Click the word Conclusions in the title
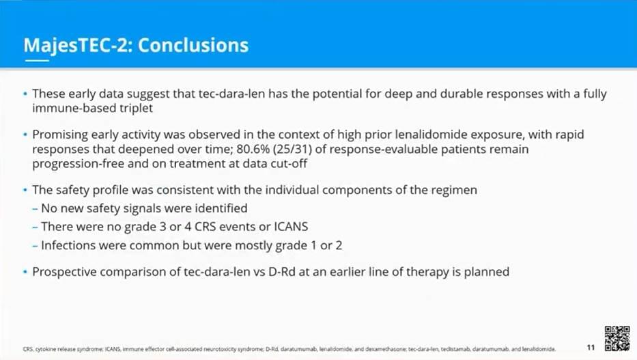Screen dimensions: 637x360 coord(193,45)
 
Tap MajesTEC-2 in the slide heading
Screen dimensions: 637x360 coord(78,46)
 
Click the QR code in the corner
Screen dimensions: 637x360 coord(617,338)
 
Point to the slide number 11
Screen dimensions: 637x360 coord(591,348)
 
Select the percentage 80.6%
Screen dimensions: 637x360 coord(253,149)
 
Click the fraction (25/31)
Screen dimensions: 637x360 coord(292,149)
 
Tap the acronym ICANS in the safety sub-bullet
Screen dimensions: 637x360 coord(291,226)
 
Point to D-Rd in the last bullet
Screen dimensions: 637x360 coord(281,271)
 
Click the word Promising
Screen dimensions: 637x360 coord(59,135)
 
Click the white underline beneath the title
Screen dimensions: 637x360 coord(37,61)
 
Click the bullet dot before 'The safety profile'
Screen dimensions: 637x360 coord(25,190)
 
